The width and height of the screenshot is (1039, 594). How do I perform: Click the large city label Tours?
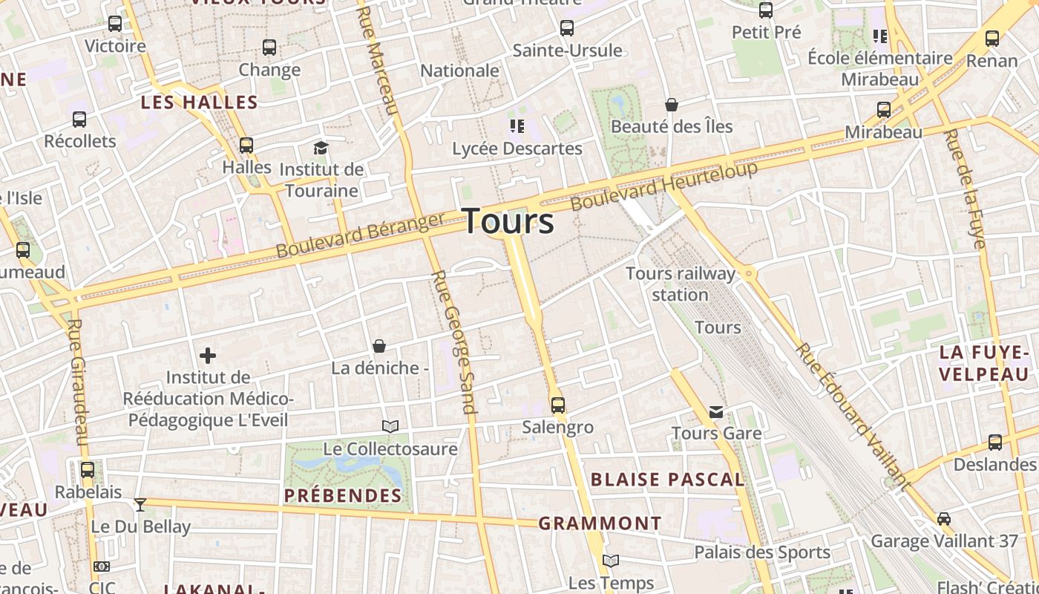click(x=508, y=221)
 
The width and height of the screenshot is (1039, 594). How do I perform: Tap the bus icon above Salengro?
click(x=558, y=405)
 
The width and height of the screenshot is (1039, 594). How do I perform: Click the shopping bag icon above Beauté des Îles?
click(x=672, y=105)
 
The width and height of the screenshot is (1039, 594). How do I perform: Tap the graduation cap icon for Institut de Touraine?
click(x=321, y=148)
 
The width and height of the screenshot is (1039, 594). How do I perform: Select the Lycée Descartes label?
click(x=517, y=148)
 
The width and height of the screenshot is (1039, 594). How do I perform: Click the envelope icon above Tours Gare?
click(x=716, y=411)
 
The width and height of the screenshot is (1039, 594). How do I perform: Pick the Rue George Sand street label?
click(x=453, y=342)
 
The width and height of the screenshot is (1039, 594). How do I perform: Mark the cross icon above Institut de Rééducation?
click(x=208, y=356)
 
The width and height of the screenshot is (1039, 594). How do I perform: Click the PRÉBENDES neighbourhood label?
click(x=343, y=495)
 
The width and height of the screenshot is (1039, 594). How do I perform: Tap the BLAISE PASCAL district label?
click(x=667, y=480)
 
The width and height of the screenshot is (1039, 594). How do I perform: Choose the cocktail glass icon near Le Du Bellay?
click(x=140, y=505)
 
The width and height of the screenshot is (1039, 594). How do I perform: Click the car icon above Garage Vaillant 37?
click(x=944, y=518)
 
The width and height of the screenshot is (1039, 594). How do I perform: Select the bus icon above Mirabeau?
click(x=884, y=110)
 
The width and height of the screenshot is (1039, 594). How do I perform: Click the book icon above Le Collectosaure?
click(x=390, y=426)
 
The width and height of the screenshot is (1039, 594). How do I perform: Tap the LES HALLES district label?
click(x=199, y=102)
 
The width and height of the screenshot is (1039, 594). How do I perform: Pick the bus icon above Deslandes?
click(x=995, y=443)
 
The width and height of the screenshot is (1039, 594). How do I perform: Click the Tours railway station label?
click(x=681, y=284)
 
